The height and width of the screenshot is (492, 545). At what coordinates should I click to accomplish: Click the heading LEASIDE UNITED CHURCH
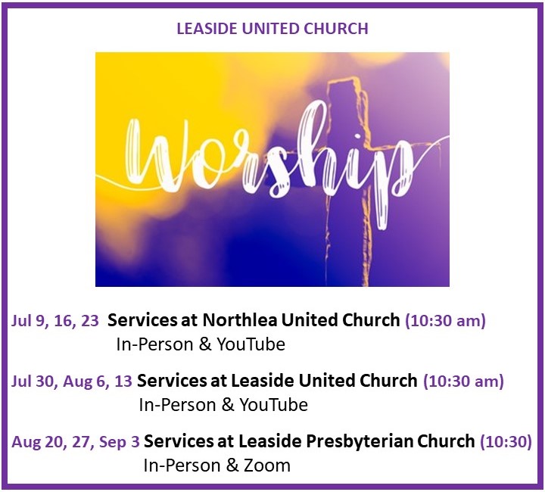[272, 29]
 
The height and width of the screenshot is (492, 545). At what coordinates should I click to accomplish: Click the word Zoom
[267, 466]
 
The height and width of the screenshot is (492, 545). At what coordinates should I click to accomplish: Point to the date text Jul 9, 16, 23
[55, 320]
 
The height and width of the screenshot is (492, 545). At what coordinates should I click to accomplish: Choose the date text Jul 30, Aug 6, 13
[72, 381]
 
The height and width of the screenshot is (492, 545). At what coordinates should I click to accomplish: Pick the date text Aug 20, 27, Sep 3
[76, 442]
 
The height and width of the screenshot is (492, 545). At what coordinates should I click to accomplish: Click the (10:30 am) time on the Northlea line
[445, 320]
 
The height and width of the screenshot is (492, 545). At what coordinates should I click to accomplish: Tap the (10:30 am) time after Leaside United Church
[463, 381]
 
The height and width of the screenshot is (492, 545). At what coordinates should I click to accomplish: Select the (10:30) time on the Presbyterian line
[506, 442]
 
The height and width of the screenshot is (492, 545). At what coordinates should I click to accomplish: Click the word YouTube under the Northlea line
[251, 344]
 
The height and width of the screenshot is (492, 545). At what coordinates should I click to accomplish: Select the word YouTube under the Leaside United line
[273, 405]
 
